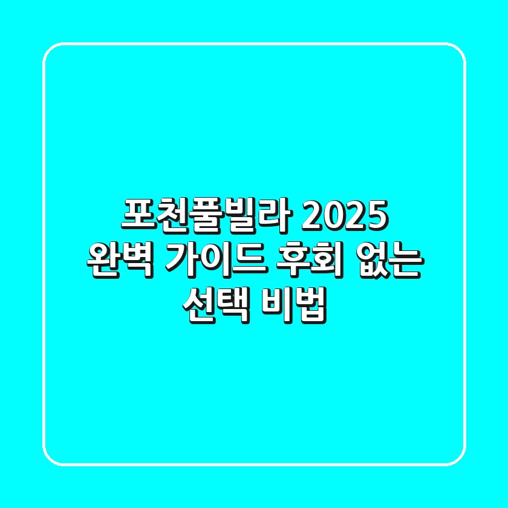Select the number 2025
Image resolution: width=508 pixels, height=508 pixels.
[343, 217]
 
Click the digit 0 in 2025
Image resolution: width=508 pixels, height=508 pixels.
[333, 217]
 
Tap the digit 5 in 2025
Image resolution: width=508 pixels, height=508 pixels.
[375, 217]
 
